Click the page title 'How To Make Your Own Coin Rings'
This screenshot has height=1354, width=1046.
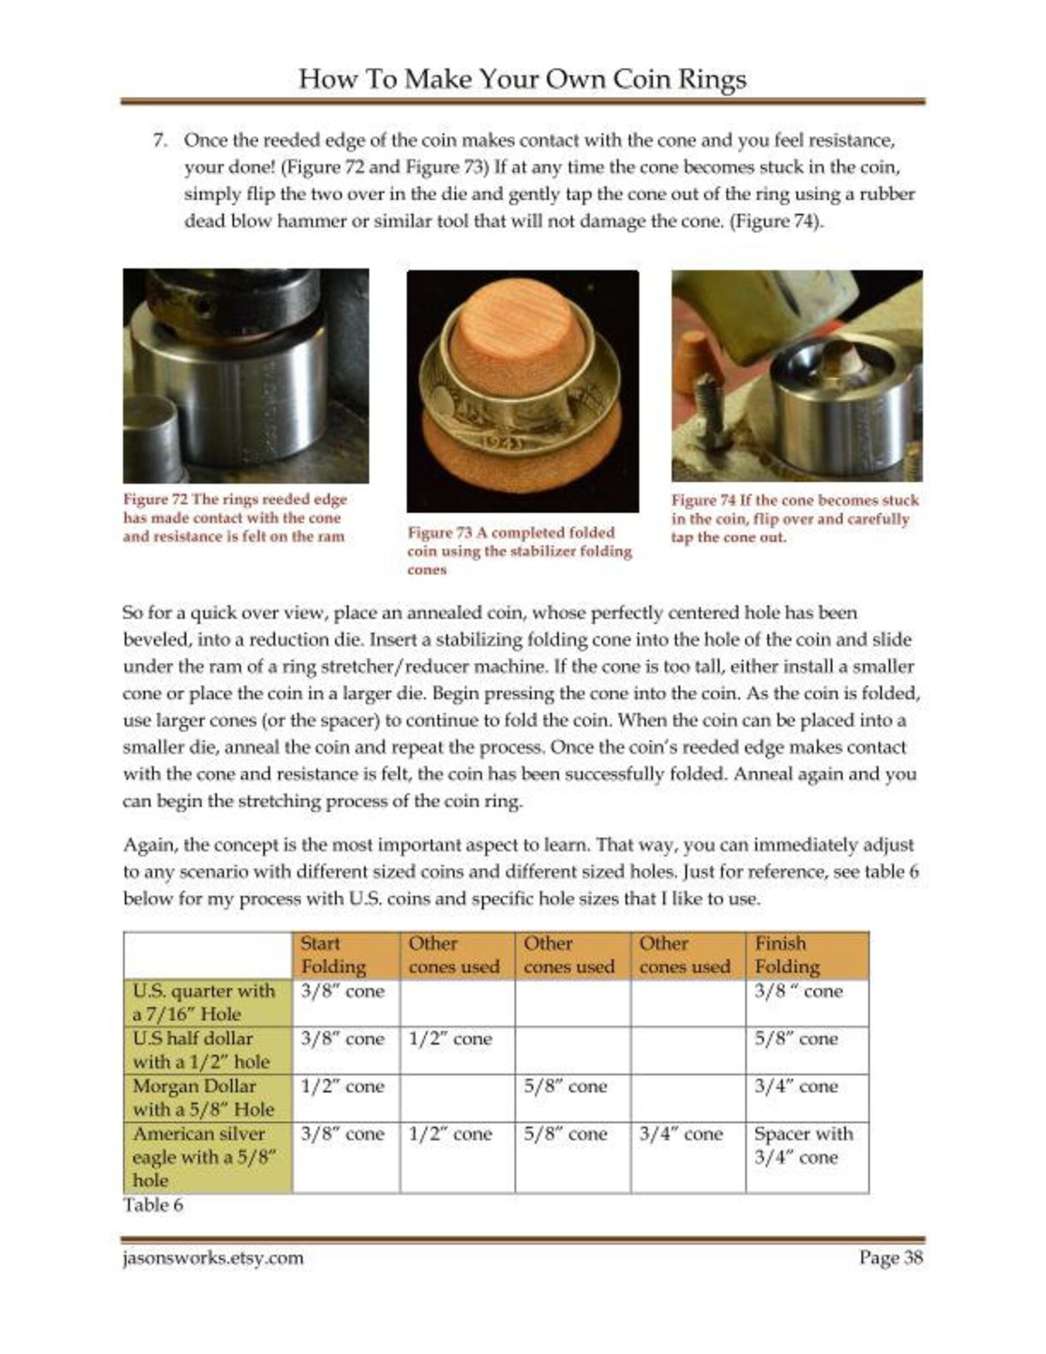pyautogui.click(x=522, y=79)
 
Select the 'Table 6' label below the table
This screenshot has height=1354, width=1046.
pyautogui.click(x=153, y=1224)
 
